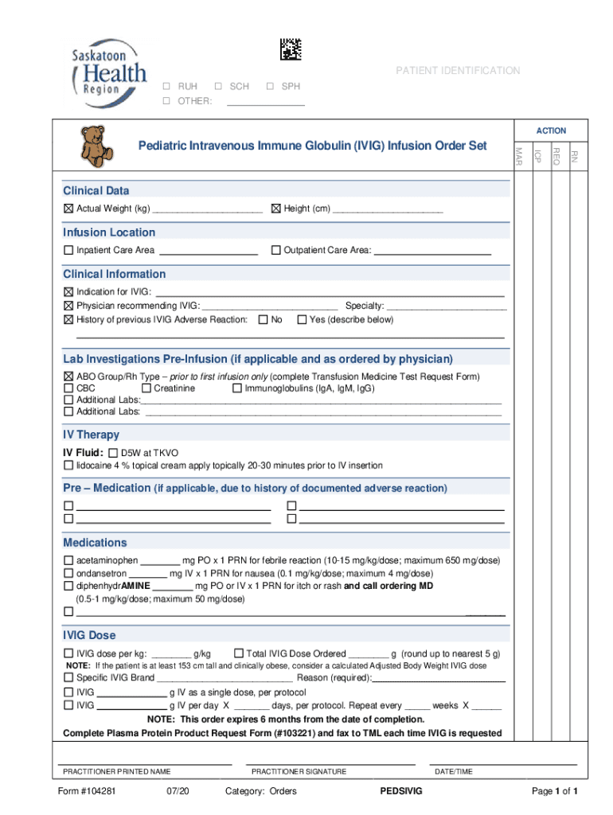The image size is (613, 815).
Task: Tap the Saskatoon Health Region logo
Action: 108,70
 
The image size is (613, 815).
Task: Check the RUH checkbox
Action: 167,86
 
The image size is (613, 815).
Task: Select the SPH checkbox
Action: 271,86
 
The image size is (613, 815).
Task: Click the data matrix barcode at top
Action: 291,49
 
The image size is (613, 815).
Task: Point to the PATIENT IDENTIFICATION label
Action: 458,71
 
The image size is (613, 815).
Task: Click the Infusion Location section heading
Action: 110,232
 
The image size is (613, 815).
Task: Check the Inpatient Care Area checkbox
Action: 68,251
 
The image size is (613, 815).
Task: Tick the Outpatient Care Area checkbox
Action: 276,251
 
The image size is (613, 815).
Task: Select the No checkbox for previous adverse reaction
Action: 263,320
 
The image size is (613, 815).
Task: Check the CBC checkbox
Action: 68,388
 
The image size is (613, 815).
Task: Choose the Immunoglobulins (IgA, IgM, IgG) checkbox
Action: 236,388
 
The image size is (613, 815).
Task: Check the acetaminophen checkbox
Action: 68,560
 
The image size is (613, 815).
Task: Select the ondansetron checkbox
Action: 68,573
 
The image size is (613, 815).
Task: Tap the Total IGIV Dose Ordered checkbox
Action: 238,653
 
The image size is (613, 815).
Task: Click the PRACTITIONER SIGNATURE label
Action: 299,771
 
